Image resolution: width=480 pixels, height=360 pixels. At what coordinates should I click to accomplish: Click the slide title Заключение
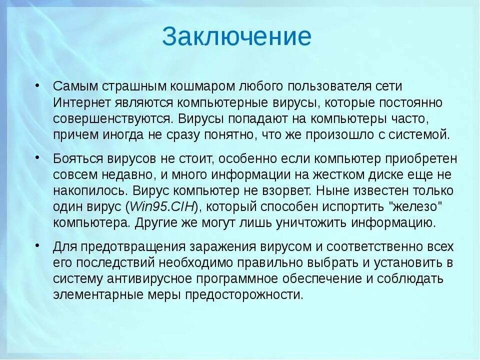point(236,37)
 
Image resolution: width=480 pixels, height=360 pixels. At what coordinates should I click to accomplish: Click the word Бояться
point(78,158)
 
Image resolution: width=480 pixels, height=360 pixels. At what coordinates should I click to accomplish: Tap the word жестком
point(344,174)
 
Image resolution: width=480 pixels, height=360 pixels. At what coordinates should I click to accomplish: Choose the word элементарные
point(93,294)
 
